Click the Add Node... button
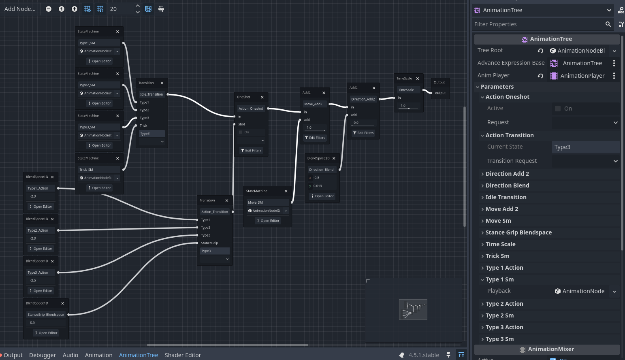click(x=20, y=9)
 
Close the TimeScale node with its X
click(x=418, y=79)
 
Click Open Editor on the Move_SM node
click(x=268, y=221)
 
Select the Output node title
click(x=439, y=82)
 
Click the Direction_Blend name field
click(x=321, y=170)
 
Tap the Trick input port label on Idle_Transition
click(x=144, y=126)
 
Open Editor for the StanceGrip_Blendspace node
click(x=46, y=333)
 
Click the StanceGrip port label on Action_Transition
click(x=209, y=243)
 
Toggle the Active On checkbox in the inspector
click(x=558, y=109)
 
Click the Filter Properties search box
click(x=539, y=24)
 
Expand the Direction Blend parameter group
click(x=507, y=185)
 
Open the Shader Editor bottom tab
click(x=183, y=355)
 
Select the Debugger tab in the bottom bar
click(x=43, y=355)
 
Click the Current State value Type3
click(x=585, y=147)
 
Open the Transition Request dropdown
click(x=585, y=161)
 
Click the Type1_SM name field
click(x=99, y=43)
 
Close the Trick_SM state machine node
click(x=117, y=158)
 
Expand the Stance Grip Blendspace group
click(x=518, y=232)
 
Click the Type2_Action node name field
click(x=41, y=230)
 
